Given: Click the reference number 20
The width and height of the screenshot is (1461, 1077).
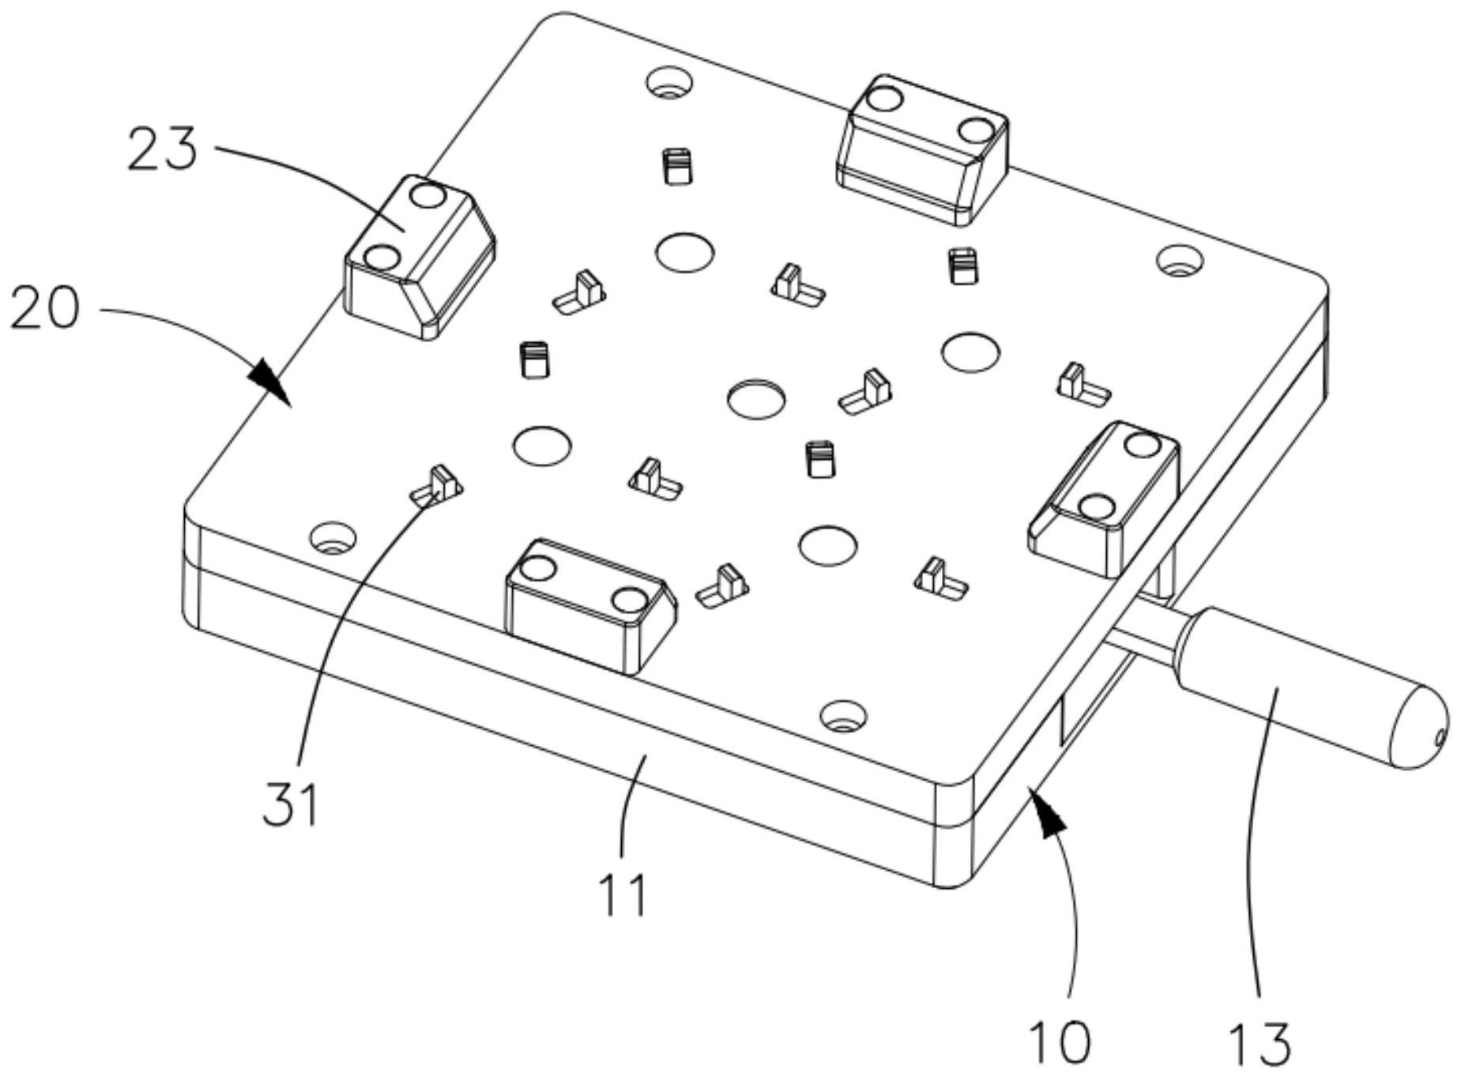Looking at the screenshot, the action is click(45, 307).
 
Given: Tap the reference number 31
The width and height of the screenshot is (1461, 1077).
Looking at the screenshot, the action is click(291, 804).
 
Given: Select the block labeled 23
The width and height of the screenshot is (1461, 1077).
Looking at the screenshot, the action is click(420, 257).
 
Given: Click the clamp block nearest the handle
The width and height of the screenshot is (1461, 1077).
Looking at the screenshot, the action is click(1104, 498).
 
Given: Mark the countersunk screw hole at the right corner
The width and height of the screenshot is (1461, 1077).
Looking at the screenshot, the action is click(1180, 260).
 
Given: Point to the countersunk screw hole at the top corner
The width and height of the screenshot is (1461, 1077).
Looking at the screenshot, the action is click(669, 81).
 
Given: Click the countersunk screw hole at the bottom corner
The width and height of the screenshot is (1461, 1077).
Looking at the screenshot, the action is click(843, 716).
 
